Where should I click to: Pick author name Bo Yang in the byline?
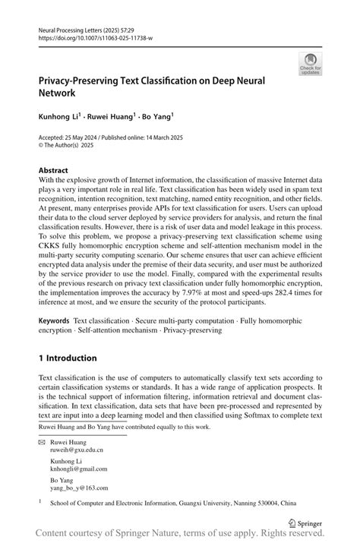pos(157,118)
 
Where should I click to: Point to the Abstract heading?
pos(53,170)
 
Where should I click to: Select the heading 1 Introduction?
pos(68,358)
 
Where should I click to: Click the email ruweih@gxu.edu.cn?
pos(77,450)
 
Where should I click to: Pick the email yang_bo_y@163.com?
pos(78,489)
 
